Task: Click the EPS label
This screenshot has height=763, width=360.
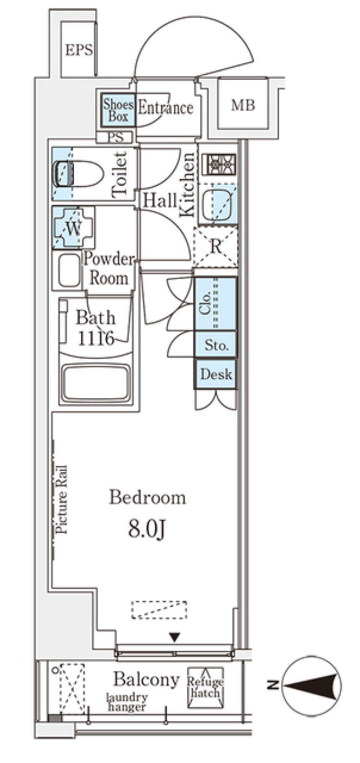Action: [79, 50]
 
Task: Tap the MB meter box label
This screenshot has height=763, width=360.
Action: [243, 105]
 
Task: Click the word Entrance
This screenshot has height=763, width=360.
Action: [165, 108]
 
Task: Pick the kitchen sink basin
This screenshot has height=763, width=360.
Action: [217, 205]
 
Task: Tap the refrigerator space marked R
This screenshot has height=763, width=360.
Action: [215, 247]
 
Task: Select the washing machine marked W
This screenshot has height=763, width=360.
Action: [73, 228]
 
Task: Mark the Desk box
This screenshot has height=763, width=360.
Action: [215, 374]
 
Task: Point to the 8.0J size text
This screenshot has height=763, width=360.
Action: [146, 529]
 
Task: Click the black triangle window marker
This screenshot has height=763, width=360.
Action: [175, 636]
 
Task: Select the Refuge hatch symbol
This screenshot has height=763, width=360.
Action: [205, 687]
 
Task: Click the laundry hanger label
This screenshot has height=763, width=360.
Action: [127, 702]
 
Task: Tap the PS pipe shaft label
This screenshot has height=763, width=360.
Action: [116, 138]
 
